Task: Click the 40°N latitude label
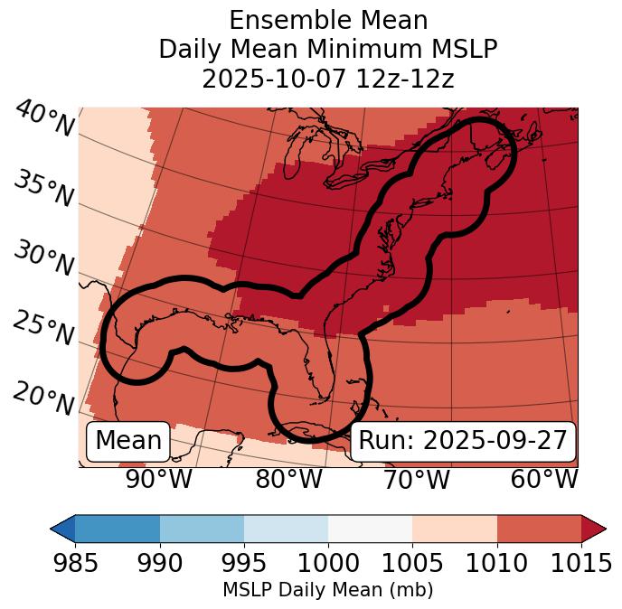[x=43, y=118]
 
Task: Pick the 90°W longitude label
[x=158, y=480]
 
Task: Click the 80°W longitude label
[x=288, y=480]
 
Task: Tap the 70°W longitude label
[x=416, y=480]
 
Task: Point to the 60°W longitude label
[x=543, y=480]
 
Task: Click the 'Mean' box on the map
[x=128, y=441]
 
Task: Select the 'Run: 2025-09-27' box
[x=463, y=441]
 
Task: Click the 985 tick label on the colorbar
[x=75, y=563]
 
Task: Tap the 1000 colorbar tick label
[x=328, y=563]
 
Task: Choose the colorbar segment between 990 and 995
[x=202, y=529]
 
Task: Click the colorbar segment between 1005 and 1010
[x=455, y=529]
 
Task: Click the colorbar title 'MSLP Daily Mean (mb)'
[x=327, y=590]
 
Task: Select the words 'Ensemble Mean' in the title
[x=328, y=20]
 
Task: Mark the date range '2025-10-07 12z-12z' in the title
[x=328, y=79]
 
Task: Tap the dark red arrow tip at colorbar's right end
[x=594, y=529]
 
